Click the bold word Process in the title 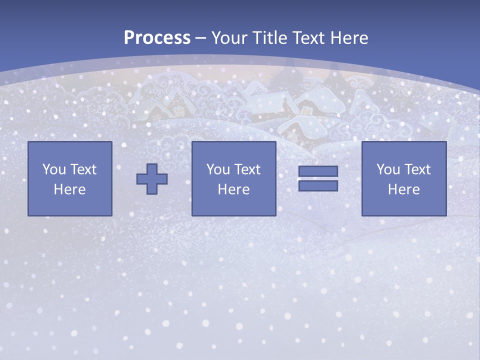click(x=157, y=38)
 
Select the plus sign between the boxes click(x=152, y=179)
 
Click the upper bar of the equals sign click(x=318, y=171)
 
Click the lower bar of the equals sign click(x=318, y=186)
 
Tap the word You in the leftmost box click(x=54, y=169)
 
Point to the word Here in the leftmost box click(x=70, y=189)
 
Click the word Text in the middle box click(x=247, y=169)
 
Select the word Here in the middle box click(x=234, y=189)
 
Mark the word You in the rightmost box click(x=388, y=169)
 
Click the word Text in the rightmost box click(x=417, y=169)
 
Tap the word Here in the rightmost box click(x=404, y=189)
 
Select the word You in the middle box click(x=218, y=169)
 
